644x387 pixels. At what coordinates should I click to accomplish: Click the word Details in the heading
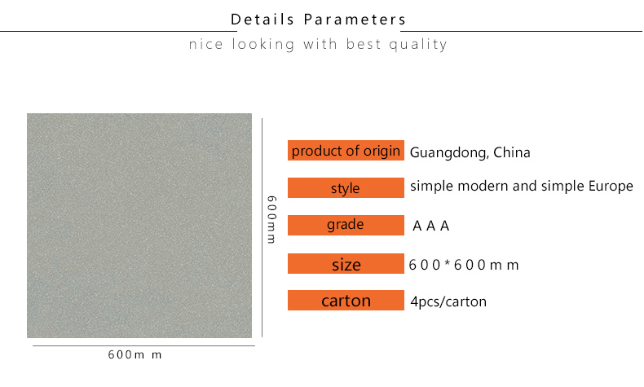(x=262, y=20)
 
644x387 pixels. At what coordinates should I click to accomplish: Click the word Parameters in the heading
(x=355, y=20)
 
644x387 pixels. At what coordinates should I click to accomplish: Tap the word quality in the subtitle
(x=417, y=44)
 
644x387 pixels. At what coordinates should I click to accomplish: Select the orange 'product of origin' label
(x=346, y=150)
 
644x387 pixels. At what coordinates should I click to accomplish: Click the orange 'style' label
(x=346, y=187)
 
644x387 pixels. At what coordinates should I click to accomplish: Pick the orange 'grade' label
(x=346, y=225)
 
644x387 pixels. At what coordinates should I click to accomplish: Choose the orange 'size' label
(x=346, y=263)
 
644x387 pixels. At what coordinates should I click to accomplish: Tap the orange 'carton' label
(x=346, y=300)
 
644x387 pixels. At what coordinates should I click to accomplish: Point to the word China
(x=512, y=152)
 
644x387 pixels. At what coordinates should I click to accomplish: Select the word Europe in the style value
(x=611, y=186)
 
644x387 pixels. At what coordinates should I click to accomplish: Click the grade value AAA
(x=431, y=226)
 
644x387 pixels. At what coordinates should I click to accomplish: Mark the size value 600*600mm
(x=464, y=265)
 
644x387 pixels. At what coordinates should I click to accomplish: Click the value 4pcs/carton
(x=448, y=301)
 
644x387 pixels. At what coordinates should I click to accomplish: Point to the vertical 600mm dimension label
(x=271, y=219)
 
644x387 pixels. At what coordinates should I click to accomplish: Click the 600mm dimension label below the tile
(x=135, y=354)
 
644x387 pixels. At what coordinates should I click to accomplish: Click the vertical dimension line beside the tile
(x=262, y=228)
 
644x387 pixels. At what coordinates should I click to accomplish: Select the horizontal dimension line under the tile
(x=143, y=345)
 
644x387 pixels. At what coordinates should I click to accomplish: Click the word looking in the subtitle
(x=263, y=44)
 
